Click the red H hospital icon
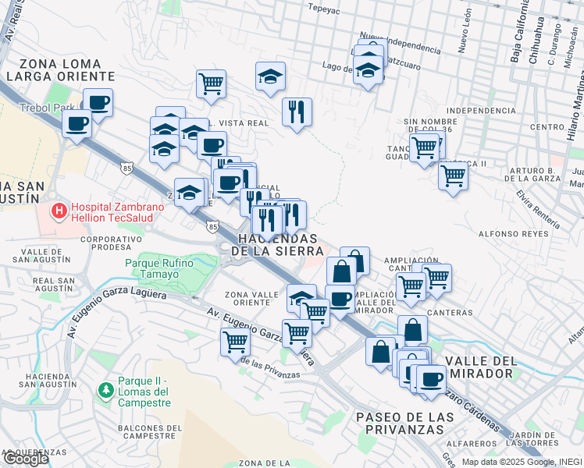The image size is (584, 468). (59, 211)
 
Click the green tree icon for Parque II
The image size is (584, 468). (105, 388)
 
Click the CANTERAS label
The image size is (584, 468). (450, 312)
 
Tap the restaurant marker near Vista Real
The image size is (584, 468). (297, 112)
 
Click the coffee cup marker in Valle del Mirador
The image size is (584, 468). (429, 379)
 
